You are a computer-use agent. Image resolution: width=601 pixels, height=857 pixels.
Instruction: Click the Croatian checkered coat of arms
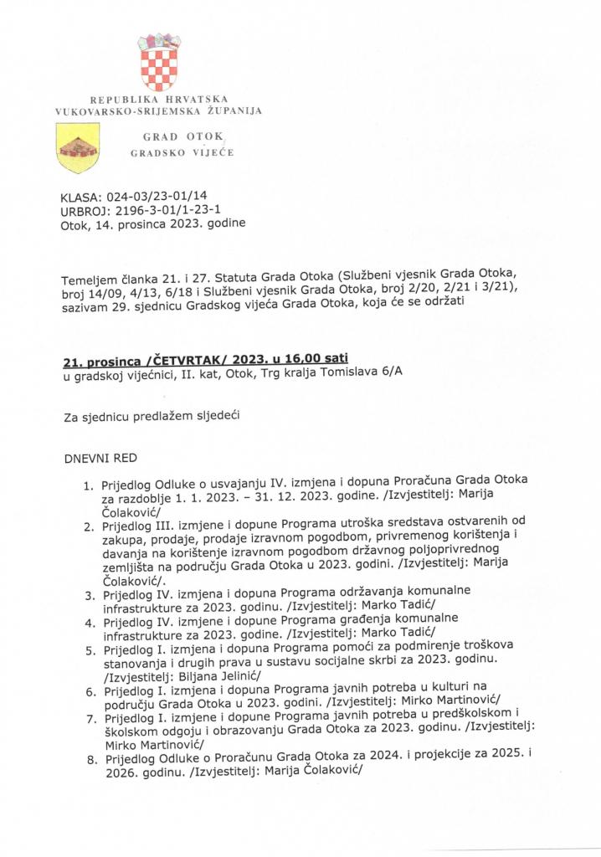tap(159, 65)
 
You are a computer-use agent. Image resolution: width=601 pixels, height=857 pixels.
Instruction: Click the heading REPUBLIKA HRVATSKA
tap(159, 100)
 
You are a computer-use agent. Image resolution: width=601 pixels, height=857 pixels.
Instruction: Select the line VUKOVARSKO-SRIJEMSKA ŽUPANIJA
tap(159, 110)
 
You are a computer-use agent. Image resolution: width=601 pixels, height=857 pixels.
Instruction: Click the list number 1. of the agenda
tap(87, 485)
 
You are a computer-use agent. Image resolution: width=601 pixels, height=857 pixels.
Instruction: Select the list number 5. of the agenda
tap(89, 648)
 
